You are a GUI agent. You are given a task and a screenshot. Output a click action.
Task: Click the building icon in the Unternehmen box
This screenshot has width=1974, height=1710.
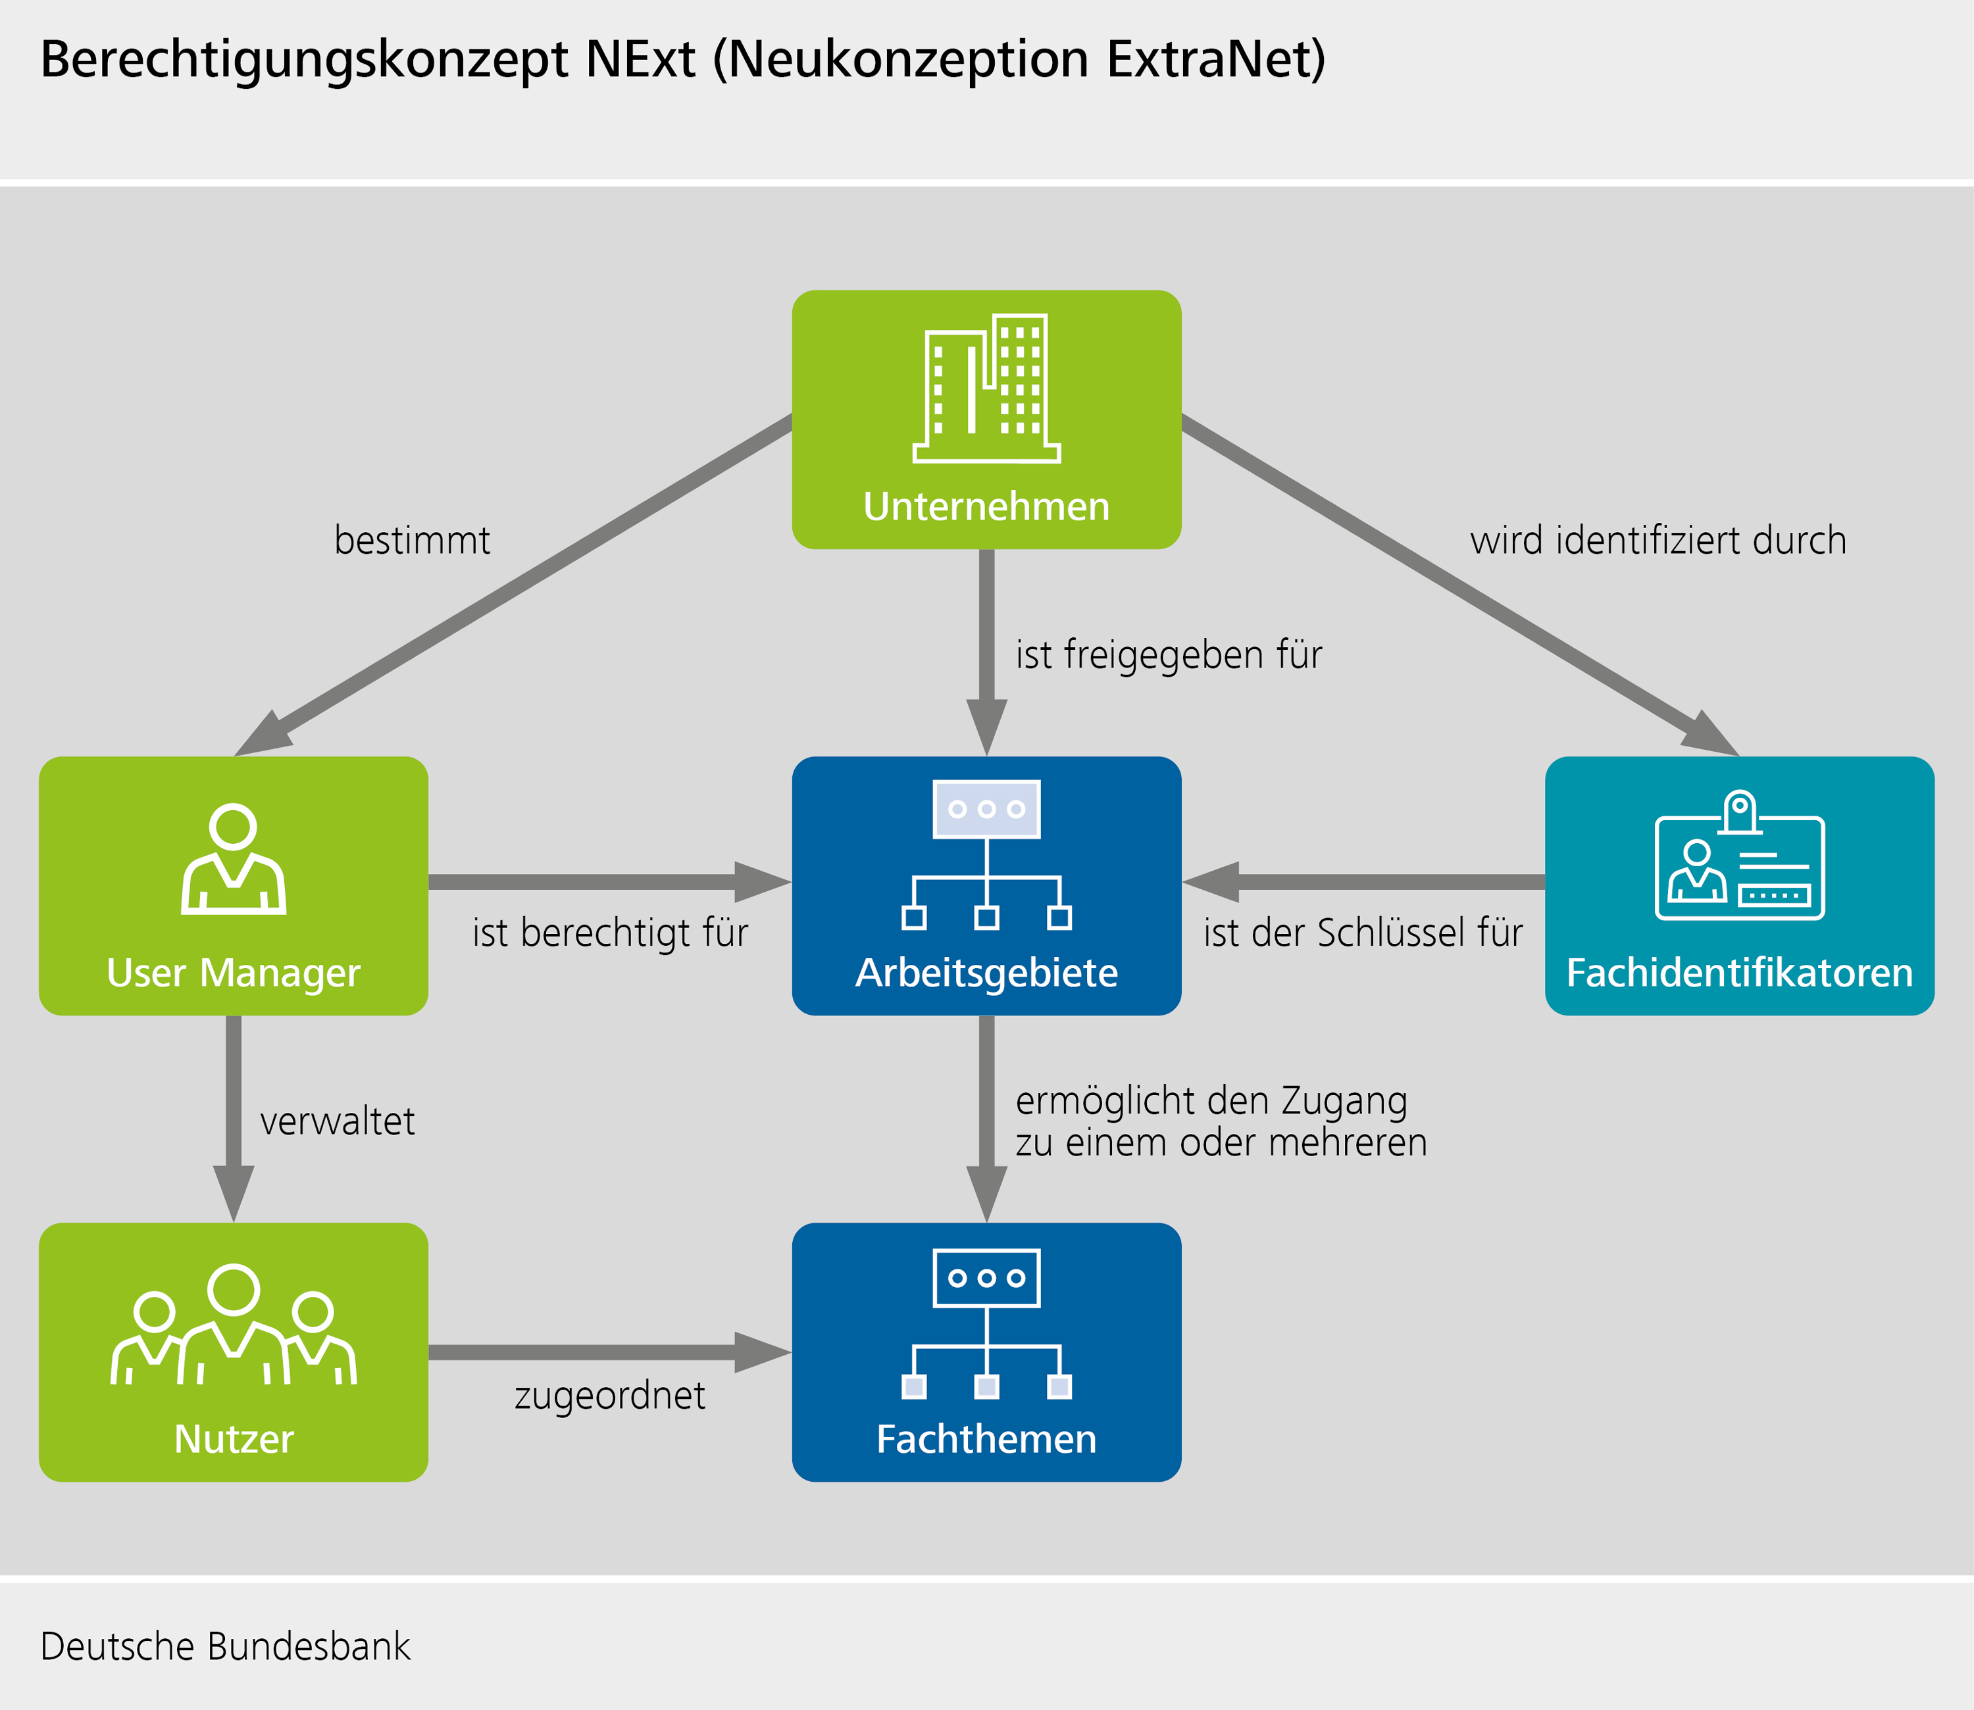point(986,389)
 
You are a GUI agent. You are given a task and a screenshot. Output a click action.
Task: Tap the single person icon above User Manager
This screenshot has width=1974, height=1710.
point(233,859)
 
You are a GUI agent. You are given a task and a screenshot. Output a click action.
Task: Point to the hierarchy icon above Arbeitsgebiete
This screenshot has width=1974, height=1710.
point(986,854)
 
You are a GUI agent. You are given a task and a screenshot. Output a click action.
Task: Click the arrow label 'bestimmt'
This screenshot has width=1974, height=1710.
point(413,540)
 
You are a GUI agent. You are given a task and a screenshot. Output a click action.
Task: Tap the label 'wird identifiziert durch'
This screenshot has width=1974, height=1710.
point(1658,540)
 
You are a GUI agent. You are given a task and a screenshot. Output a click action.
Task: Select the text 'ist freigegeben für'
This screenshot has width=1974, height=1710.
point(1169,654)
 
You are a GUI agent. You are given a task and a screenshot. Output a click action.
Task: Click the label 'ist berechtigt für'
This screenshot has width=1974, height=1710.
point(610,933)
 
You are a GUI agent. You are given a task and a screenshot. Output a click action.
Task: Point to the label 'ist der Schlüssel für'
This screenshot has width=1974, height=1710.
point(1362,933)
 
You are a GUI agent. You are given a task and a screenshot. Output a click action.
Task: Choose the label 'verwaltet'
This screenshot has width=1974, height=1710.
point(337,1121)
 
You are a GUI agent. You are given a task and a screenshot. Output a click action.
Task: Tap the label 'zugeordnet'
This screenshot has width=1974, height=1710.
point(610,1395)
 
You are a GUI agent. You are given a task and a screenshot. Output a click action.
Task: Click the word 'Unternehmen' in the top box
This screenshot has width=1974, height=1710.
point(986,506)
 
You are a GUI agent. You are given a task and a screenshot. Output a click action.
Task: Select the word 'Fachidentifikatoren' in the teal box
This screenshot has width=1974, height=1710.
point(1739,972)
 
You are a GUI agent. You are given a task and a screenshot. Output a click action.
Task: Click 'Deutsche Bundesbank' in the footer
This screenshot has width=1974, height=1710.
point(225,1646)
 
